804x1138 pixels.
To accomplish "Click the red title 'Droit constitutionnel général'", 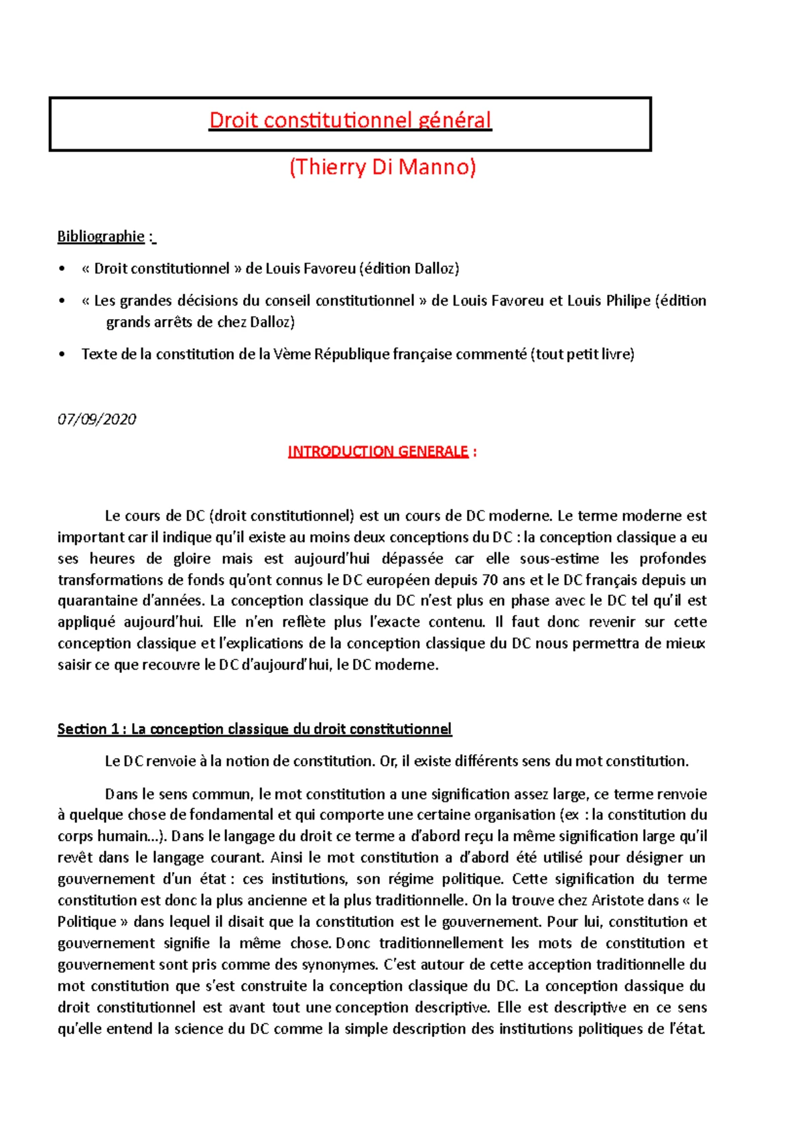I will [350, 121].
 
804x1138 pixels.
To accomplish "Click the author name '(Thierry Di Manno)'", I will [383, 167].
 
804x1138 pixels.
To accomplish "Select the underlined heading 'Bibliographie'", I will [101, 237].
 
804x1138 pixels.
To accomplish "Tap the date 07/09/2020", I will [96, 420].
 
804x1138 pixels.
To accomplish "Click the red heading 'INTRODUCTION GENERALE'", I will [378, 452].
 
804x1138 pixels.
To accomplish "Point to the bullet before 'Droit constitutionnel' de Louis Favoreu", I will [62, 269].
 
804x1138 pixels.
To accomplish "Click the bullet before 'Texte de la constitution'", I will [62, 355].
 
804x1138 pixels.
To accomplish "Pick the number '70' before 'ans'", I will [490, 580].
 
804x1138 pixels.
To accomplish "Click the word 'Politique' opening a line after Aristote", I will [87, 922].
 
